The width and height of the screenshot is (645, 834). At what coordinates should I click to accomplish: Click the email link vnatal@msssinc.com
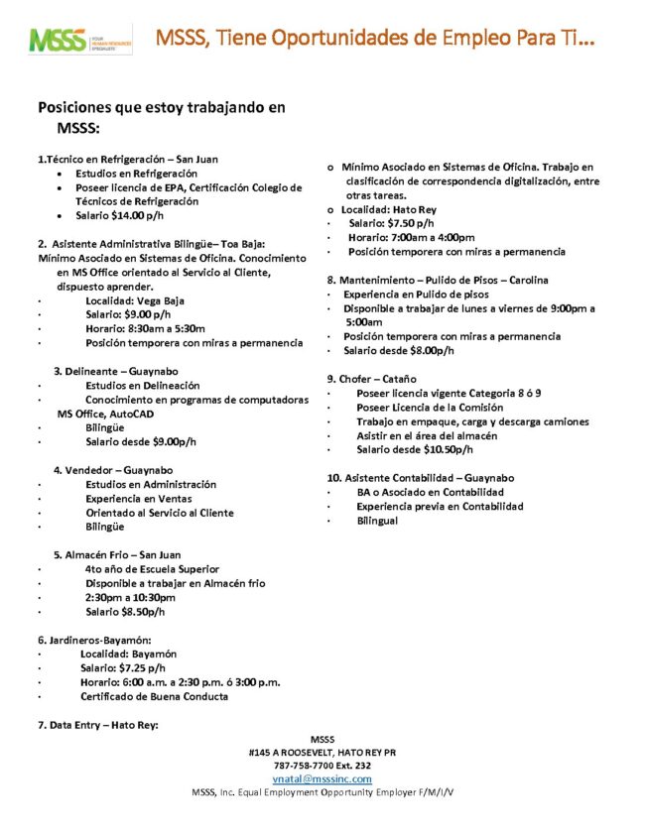[322, 779]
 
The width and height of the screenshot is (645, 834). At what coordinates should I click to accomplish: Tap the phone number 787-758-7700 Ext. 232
[322, 766]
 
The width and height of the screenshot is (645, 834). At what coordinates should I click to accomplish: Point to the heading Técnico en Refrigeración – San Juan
[129, 159]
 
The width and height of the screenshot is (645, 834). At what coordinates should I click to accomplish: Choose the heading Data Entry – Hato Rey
[98, 725]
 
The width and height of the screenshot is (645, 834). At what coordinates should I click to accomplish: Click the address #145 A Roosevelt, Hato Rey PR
[322, 752]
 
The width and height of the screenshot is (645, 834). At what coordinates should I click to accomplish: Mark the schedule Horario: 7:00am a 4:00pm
[411, 238]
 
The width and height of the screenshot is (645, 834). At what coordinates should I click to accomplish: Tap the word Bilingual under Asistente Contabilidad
[377, 521]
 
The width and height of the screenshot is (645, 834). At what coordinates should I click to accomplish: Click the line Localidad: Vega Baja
[135, 300]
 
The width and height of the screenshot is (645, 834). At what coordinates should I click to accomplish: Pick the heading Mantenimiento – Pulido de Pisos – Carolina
[438, 281]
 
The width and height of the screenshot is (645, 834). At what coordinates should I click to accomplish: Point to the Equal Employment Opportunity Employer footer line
[322, 793]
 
